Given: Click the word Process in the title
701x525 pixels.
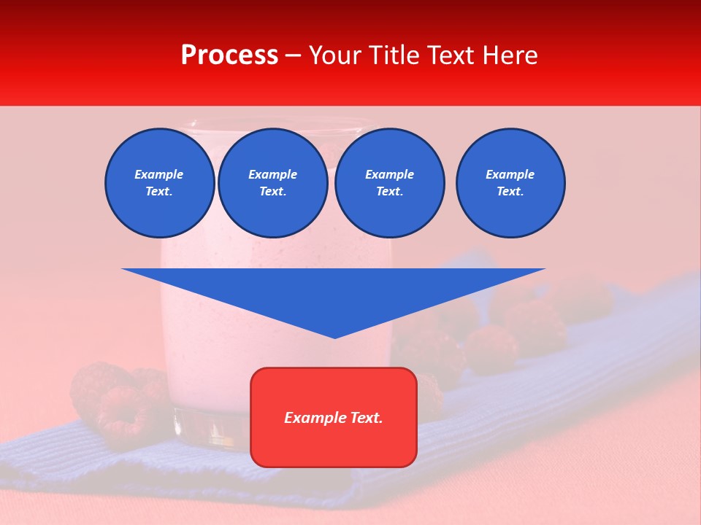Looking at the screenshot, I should (x=229, y=55).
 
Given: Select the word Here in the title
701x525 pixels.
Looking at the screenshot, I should (x=510, y=55).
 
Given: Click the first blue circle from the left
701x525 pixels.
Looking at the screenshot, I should (x=160, y=183).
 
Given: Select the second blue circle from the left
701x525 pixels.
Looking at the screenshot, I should (x=273, y=183).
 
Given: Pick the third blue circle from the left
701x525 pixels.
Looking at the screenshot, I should (x=390, y=183).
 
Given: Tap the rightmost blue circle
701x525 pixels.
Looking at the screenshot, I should (x=510, y=183).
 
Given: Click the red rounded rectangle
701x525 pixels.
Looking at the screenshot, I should (x=334, y=416).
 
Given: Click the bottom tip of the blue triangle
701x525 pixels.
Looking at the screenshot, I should (x=334, y=336).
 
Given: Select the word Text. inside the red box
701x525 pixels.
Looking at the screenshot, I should (x=364, y=418).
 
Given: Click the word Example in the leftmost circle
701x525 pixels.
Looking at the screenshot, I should (x=159, y=174).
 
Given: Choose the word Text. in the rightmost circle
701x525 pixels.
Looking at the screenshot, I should (x=510, y=192).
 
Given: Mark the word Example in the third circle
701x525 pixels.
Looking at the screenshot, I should (x=390, y=174).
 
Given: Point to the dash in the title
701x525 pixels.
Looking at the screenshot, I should (x=293, y=55).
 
